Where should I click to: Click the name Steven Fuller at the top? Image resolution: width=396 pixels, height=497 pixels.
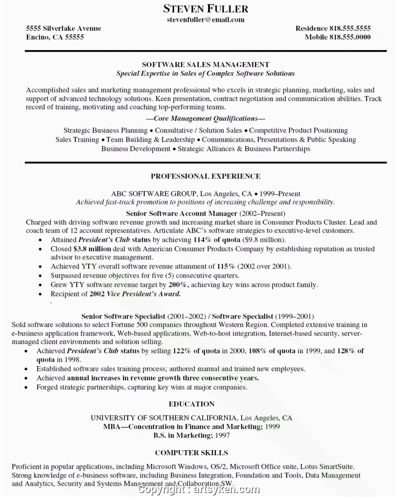point(206,8)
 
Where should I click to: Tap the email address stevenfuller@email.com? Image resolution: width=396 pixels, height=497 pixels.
point(206,19)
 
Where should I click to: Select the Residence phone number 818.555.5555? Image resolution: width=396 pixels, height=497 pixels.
point(350,28)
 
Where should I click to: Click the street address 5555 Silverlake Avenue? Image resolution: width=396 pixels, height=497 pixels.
point(63,28)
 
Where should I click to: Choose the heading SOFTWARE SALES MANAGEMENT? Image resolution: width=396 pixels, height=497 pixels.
point(205,65)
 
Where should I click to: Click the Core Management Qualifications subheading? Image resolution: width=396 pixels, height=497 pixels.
point(205,118)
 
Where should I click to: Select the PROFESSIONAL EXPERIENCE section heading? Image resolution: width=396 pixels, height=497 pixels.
point(205,176)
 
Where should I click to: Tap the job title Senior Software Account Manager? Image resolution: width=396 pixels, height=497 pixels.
point(181,213)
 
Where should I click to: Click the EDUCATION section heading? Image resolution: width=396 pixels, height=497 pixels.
point(192,404)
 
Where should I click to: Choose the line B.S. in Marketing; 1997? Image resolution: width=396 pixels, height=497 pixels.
point(192,435)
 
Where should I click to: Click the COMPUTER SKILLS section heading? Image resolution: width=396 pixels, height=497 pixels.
point(192,453)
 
